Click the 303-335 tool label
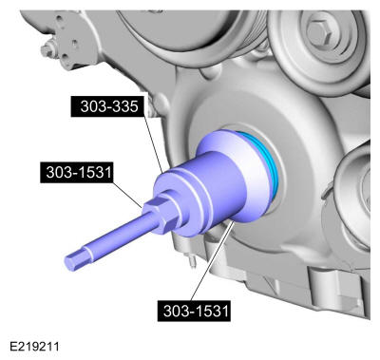[109, 106]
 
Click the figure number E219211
[34, 346]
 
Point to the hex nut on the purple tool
[162, 213]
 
